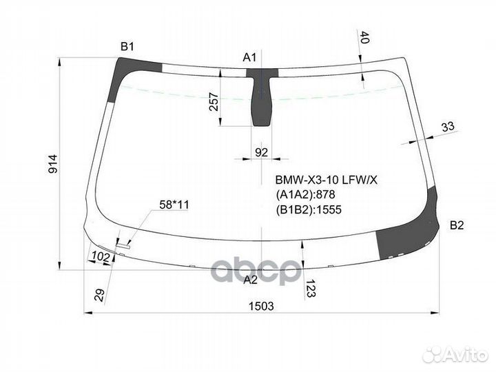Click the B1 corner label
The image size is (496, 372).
127,47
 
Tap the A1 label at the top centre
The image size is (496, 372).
249,56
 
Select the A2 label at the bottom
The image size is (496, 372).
251,279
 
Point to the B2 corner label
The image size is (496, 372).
457,225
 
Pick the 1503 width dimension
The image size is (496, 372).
262,306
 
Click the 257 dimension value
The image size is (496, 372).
212,103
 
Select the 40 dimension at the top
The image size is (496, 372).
364,39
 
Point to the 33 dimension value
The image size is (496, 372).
448,126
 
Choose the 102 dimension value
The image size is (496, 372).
101,257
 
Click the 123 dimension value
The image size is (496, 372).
309,287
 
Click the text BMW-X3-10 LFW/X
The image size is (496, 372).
326,180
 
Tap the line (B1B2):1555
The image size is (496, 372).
309,210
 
